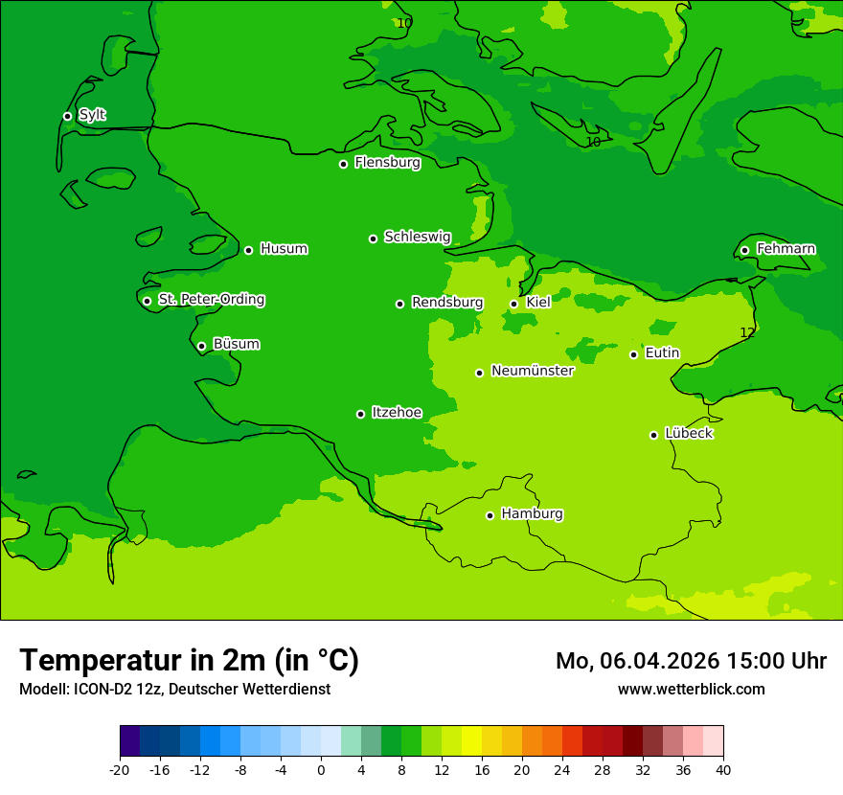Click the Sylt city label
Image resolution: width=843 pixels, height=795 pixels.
tap(92, 115)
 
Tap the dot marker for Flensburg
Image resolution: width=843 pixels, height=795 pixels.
tap(343, 164)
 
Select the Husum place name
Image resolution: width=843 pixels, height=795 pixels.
tap(284, 249)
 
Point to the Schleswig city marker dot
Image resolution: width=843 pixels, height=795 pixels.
tap(373, 238)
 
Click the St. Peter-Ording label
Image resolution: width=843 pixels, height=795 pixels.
tap(212, 300)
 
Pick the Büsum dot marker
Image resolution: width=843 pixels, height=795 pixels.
tap(201, 346)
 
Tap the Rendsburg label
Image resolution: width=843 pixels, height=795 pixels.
tap(447, 303)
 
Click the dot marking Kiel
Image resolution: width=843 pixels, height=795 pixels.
tap(513, 304)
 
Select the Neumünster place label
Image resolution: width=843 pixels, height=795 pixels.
tap(533, 371)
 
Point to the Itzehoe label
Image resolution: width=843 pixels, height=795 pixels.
tap(397, 413)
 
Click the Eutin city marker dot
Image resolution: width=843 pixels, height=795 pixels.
tap(633, 354)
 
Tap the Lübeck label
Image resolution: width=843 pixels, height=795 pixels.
tap(689, 433)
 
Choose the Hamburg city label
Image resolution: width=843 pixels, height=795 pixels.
tap(532, 514)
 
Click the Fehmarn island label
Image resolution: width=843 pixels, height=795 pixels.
tap(786, 249)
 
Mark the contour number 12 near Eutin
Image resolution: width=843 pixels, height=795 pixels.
tap(747, 332)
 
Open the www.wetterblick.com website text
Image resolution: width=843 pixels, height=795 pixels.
tap(692, 689)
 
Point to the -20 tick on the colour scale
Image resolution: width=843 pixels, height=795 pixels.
tap(120, 770)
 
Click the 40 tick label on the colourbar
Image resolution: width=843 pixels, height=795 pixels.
tap(723, 770)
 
